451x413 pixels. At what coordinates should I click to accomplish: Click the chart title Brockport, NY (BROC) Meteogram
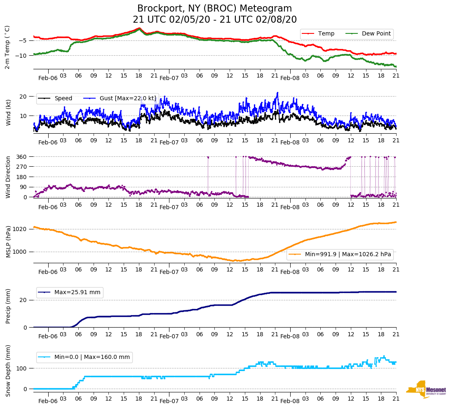(x=214, y=9)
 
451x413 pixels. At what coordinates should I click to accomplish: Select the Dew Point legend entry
(x=376, y=33)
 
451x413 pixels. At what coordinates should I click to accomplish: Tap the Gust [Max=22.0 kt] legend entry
(x=128, y=98)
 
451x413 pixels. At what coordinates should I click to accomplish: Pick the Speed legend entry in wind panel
(x=63, y=98)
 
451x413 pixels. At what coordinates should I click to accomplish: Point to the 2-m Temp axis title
(x=7, y=47)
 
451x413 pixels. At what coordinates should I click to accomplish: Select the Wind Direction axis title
(x=8, y=177)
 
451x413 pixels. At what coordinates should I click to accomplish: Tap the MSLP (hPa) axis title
(x=8, y=242)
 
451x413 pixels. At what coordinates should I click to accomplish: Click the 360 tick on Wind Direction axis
(x=21, y=157)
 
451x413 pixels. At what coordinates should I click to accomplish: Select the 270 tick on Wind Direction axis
(x=21, y=167)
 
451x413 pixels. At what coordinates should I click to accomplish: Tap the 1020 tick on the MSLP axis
(x=20, y=229)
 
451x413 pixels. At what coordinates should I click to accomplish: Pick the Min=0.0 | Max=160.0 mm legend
(x=92, y=357)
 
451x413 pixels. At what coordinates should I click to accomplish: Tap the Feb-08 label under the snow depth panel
(x=290, y=401)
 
